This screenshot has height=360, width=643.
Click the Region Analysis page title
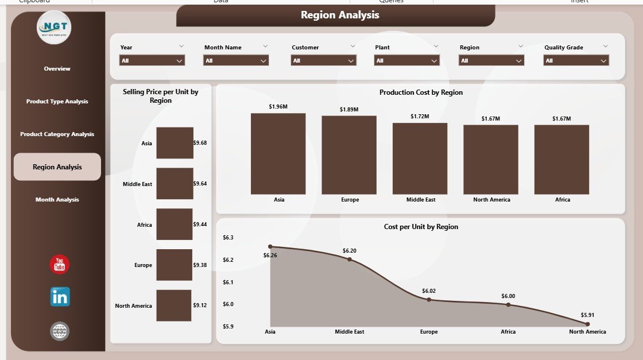pos(340,16)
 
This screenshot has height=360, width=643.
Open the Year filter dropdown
pos(152,60)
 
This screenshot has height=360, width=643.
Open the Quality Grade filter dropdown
pos(576,60)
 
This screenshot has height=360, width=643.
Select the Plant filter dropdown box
pos(406,60)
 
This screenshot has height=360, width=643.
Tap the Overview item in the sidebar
pos(57,69)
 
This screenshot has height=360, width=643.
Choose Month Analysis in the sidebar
pos(57,200)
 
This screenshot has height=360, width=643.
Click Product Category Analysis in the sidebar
pos(57,134)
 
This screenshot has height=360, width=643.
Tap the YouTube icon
pos(60,265)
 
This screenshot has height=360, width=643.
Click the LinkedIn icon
pos(60,297)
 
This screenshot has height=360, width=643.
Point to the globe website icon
pos(60,331)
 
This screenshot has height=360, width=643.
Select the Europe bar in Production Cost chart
pos(349,155)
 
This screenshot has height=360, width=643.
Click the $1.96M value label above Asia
pos(278,106)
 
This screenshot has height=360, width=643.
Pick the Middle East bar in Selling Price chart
pos(175,184)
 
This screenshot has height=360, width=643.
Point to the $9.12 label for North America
pos(200,305)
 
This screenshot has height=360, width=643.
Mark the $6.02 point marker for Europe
pos(428,300)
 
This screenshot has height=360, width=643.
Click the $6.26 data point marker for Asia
pos(270,246)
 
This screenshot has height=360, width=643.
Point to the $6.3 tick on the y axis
pos(227,238)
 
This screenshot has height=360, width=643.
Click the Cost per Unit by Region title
pos(421,227)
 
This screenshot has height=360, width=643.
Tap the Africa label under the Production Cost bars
pos(563,200)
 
